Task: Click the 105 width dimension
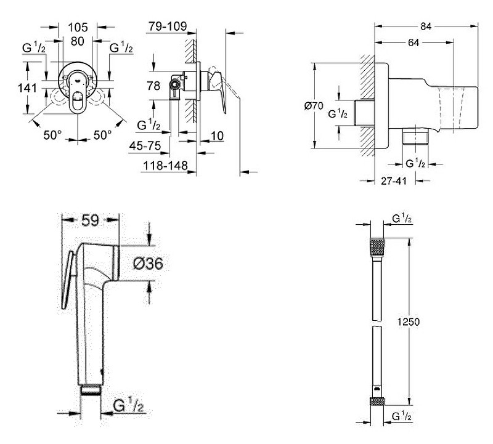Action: [78, 27]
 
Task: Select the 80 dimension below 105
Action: [78, 42]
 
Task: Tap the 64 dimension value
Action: [413, 42]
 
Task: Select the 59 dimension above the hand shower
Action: [91, 219]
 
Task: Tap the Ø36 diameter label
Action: [148, 264]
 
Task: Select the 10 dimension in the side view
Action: [216, 135]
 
